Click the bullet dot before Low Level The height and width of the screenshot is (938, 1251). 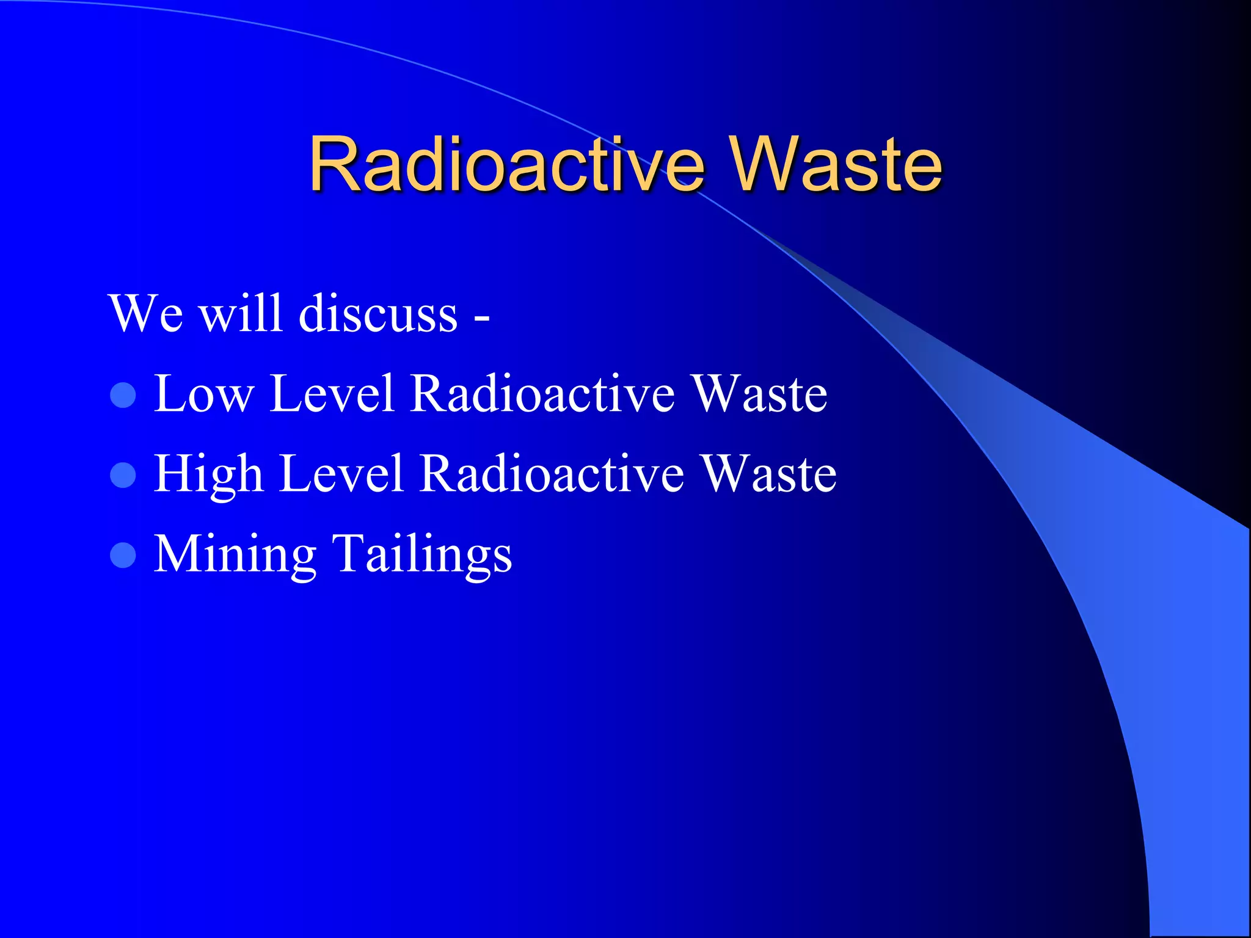point(123,395)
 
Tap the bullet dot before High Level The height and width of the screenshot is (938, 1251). point(123,475)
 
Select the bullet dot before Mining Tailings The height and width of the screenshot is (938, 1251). point(123,555)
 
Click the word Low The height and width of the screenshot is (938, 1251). point(203,394)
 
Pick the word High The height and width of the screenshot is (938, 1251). point(208,474)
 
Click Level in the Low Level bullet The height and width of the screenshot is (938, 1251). point(331,394)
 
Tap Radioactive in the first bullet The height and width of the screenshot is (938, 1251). point(542,394)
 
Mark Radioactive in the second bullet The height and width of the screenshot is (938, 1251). point(552,474)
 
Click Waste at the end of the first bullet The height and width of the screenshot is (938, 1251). point(759,394)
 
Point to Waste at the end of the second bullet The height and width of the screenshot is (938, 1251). point(768,474)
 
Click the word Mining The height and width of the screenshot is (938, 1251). point(235,554)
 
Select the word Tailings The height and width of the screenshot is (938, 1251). point(421,554)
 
